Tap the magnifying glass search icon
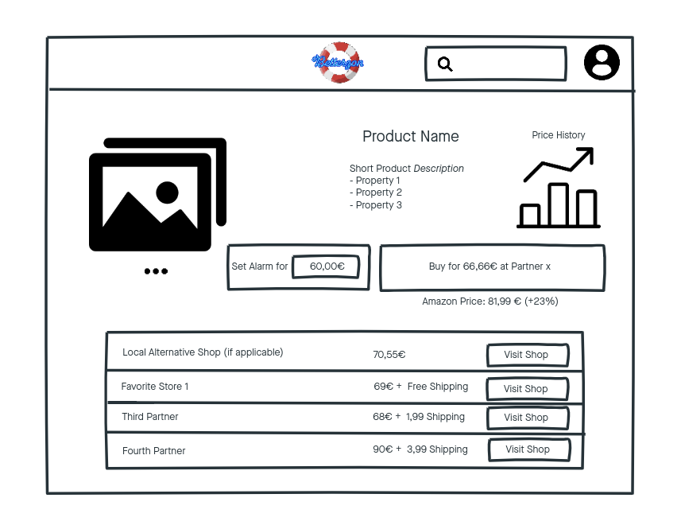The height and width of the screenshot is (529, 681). tap(445, 64)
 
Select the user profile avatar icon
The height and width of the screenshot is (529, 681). tap(602, 63)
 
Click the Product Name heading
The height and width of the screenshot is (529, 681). tap(410, 137)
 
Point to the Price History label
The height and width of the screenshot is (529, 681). tap(558, 135)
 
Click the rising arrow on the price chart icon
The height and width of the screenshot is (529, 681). tap(559, 165)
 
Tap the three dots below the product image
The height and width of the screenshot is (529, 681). tap(156, 271)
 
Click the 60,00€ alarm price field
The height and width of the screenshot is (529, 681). tap(327, 266)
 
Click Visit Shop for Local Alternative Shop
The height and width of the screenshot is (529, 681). tap(527, 355)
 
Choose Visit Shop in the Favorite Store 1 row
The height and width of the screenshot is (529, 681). tap(527, 389)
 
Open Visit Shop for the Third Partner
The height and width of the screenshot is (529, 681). tap(527, 418)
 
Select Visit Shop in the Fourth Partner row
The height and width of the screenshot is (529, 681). tap(528, 449)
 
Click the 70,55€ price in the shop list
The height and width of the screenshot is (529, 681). tap(389, 355)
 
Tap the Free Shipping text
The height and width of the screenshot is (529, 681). tap(437, 387)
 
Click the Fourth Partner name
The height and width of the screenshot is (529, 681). tap(153, 451)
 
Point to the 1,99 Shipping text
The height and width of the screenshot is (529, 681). tap(435, 417)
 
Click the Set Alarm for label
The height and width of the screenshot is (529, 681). tap(260, 266)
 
